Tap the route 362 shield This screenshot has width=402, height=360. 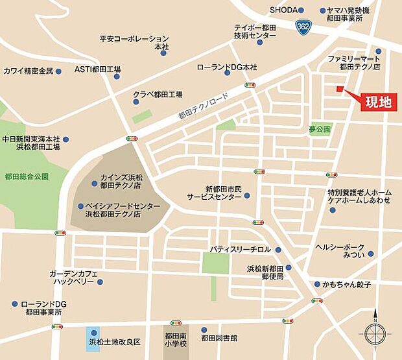click(x=303, y=27)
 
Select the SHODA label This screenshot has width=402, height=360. click(x=283, y=10)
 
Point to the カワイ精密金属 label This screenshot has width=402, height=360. click(x=28, y=71)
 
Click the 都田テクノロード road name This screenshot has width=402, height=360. click(x=204, y=104)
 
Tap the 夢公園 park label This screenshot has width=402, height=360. click(x=320, y=129)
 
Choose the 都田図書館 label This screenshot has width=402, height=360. click(x=219, y=338)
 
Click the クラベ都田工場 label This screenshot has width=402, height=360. click(x=158, y=94)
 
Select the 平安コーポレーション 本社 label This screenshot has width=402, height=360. click(x=134, y=43)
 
